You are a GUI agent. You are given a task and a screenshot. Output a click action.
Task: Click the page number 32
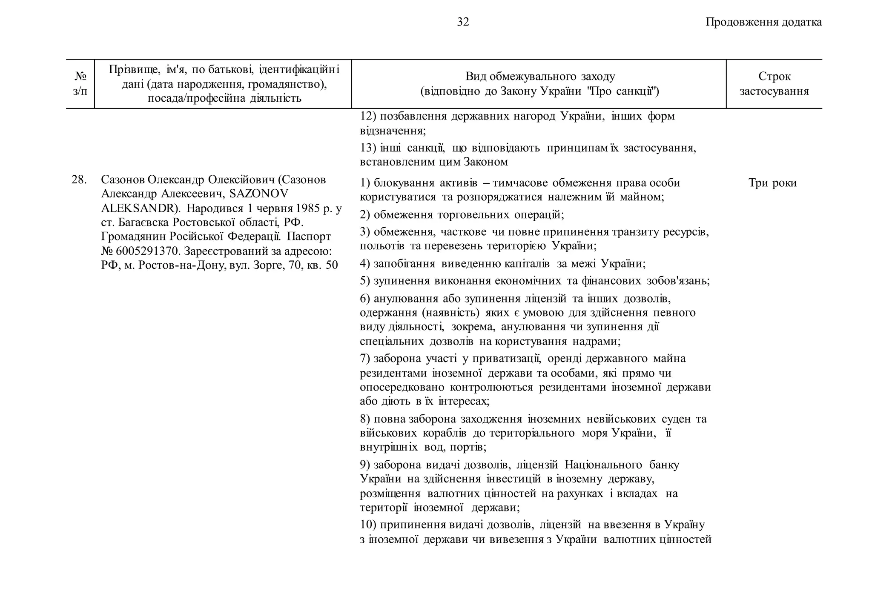click(x=463, y=22)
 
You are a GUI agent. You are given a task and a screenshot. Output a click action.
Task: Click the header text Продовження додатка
click(x=763, y=22)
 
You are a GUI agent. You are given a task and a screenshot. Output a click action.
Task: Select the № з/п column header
click(x=80, y=83)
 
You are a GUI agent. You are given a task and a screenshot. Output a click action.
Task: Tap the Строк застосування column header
click(x=774, y=83)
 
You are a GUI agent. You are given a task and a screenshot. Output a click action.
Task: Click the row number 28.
click(x=79, y=180)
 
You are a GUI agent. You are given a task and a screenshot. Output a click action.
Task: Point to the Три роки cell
click(x=772, y=183)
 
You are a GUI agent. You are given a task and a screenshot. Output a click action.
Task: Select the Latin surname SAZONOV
click(x=258, y=194)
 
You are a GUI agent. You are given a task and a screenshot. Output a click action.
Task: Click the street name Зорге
click(x=267, y=265)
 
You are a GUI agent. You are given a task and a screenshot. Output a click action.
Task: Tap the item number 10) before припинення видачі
click(x=368, y=525)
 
